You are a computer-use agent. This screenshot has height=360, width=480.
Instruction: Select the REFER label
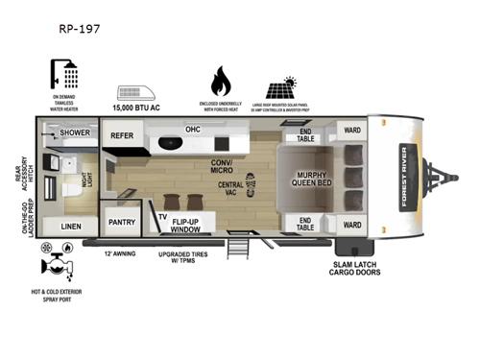(x=122, y=136)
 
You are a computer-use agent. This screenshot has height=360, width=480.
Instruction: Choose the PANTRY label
(x=122, y=222)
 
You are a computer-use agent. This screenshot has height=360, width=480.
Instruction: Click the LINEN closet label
(x=71, y=227)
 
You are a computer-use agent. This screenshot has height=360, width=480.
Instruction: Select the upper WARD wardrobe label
(x=351, y=131)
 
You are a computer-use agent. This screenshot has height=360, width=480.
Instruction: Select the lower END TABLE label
(x=305, y=223)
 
